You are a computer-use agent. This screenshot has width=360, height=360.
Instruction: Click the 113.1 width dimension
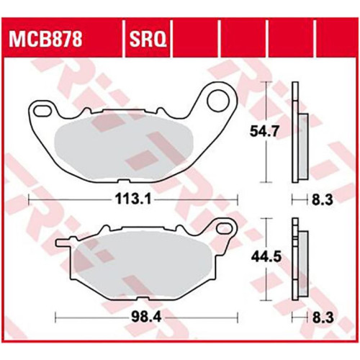(x=133, y=199)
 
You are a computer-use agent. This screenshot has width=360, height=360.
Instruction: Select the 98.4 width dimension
(x=146, y=318)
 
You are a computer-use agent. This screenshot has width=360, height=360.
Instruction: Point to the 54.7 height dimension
(x=265, y=132)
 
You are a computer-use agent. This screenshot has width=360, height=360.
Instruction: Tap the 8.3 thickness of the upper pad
(x=323, y=199)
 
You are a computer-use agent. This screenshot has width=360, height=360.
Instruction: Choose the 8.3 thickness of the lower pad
(x=323, y=318)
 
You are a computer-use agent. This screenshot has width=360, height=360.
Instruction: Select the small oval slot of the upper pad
(x=42, y=111)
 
